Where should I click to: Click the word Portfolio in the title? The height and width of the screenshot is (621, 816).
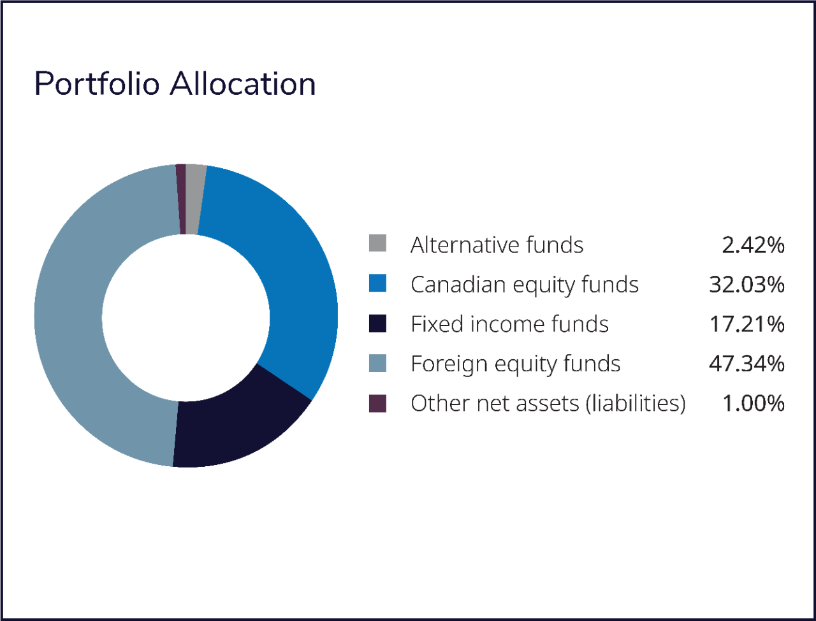tap(97, 83)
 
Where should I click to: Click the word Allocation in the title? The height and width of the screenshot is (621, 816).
tap(243, 83)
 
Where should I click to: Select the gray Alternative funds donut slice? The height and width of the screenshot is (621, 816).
tap(194, 199)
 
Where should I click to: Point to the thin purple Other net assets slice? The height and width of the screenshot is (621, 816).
tap(181, 199)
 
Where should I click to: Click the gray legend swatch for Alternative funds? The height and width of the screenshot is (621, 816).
tap(377, 243)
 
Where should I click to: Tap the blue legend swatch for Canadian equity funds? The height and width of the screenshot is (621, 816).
tap(377, 283)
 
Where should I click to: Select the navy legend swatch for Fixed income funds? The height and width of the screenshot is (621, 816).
tap(377, 323)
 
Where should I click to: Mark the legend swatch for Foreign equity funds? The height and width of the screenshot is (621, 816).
tap(377, 363)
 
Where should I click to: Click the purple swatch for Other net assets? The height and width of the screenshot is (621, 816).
tap(377, 403)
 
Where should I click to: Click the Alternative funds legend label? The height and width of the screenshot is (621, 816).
tap(497, 245)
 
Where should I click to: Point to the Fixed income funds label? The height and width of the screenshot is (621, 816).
tap(509, 324)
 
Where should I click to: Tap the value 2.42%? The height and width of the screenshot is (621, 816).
tap(753, 245)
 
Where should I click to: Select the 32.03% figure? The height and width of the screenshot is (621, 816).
tap(747, 285)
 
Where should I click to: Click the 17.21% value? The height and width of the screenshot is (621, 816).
tap(747, 324)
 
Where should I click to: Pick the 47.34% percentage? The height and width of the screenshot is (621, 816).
tap(747, 364)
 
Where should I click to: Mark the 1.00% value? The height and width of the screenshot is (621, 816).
tap(754, 403)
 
